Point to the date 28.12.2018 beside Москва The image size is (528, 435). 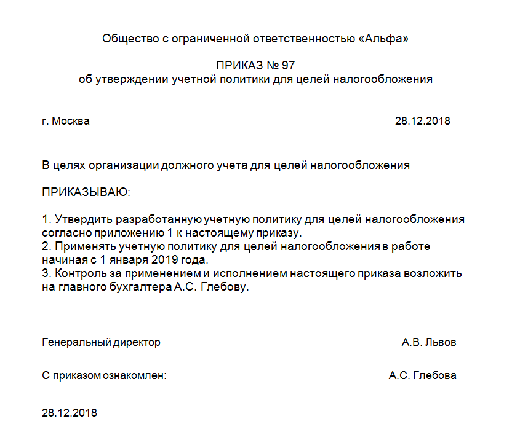coord(422,121)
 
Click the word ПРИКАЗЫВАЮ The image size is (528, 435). coord(86,192)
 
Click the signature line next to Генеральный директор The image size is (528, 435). coord(292,353)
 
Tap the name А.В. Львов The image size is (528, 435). coord(429,342)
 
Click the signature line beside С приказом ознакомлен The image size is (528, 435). coord(292,384)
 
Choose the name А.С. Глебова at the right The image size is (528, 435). coord(422,375)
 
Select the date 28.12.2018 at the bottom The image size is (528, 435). coord(70,412)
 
